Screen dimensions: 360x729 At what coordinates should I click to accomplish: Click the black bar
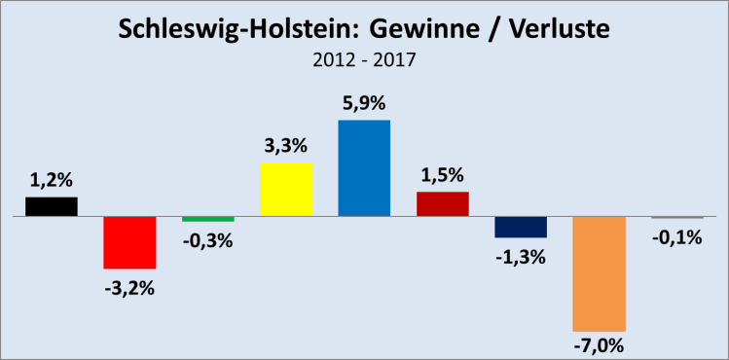click(x=52, y=206)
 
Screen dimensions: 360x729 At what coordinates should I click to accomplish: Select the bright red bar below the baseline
click(x=129, y=242)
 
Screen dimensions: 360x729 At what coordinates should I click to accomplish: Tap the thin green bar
click(x=207, y=219)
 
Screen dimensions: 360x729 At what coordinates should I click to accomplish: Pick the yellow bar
click(x=286, y=189)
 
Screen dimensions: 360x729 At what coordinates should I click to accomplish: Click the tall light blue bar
click(x=364, y=167)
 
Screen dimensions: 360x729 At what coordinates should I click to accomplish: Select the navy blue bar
click(x=521, y=227)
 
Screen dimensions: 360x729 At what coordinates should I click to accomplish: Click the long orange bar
click(x=599, y=273)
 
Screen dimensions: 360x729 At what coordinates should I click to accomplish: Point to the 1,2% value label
click(x=52, y=179)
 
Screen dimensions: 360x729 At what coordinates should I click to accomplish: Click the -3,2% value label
click(x=129, y=288)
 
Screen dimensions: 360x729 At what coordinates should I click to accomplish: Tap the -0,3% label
click(x=207, y=240)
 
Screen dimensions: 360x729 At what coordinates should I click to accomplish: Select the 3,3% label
click(x=286, y=146)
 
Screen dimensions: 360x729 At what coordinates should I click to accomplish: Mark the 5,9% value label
click(x=364, y=103)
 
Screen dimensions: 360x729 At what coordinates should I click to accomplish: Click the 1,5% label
click(x=442, y=175)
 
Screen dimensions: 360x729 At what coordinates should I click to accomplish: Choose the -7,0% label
click(x=599, y=345)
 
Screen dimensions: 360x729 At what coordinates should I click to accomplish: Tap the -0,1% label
click(x=676, y=236)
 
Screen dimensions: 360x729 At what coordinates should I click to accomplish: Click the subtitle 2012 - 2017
click(x=364, y=60)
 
